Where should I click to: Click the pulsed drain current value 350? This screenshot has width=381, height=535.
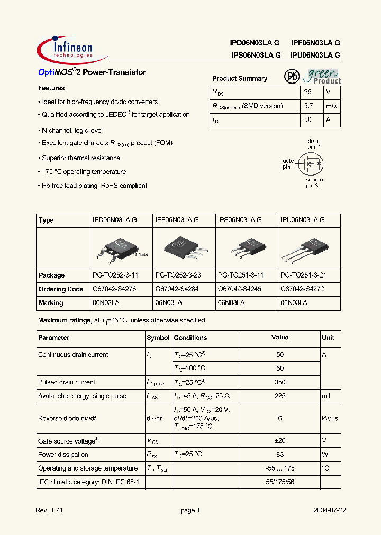[x=280, y=382]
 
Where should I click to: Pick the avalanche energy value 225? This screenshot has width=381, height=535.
[x=280, y=396]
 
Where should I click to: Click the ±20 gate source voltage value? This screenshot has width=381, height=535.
[x=280, y=441]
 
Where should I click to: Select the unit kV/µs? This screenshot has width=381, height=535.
[x=330, y=418]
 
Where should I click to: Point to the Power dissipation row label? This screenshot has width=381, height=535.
[x=63, y=455]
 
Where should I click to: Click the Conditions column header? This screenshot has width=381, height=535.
[x=190, y=338]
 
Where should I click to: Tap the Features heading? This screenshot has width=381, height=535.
[x=51, y=88]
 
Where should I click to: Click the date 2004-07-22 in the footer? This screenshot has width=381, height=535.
[x=329, y=511]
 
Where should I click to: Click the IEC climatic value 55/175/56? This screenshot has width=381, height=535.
[x=280, y=482]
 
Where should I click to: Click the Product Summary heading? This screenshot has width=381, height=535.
[x=240, y=79]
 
